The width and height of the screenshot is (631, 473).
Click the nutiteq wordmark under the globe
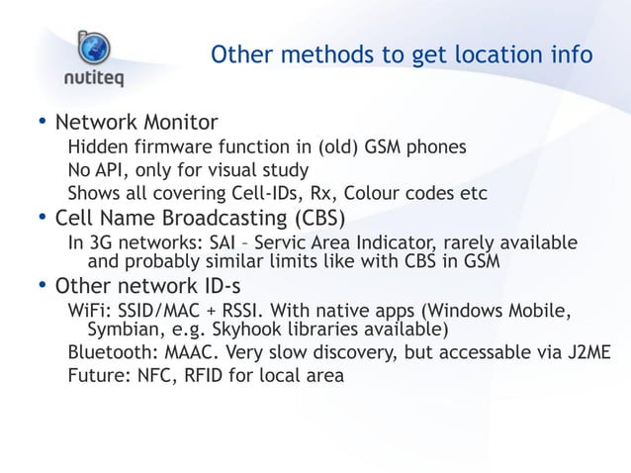click(95, 79)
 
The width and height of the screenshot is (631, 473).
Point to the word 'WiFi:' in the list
click(91, 313)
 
